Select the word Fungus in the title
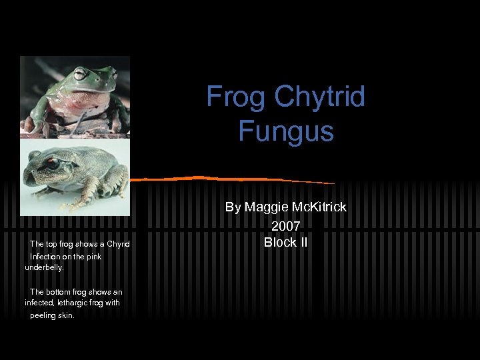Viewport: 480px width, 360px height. click(285, 131)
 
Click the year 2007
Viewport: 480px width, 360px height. click(285, 226)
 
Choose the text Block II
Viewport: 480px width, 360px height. click(285, 243)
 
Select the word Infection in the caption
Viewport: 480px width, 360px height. click(45, 256)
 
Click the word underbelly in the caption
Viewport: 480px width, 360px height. click(44, 267)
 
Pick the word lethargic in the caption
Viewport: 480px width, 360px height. click(73, 303)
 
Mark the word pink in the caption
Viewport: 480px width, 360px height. click(91, 256)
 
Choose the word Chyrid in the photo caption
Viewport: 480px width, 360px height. click(117, 244)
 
